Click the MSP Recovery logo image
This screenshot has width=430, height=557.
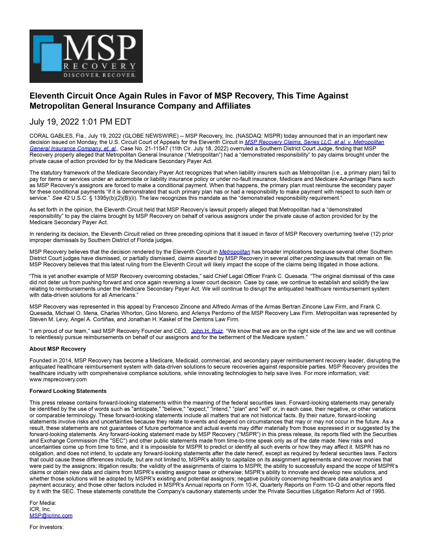tap(86, 56)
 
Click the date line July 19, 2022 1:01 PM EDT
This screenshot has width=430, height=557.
tap(80, 122)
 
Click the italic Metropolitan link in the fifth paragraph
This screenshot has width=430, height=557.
tap(235, 252)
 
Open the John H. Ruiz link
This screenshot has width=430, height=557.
tap(207, 331)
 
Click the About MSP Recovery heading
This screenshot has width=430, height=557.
tap(58, 349)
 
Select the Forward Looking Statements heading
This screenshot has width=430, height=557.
tap(68, 391)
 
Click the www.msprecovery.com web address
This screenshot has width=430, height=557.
tap(58, 379)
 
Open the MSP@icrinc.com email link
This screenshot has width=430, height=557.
tap(51, 515)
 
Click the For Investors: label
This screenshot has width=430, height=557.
tap(46, 527)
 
